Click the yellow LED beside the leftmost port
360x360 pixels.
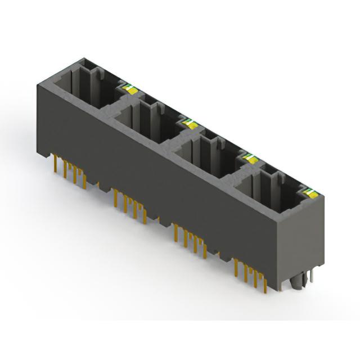tap(128, 88)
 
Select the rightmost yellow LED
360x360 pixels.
tap(308, 194)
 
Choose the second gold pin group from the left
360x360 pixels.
tap(129, 202)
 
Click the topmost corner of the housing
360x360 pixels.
tap(84, 57)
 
